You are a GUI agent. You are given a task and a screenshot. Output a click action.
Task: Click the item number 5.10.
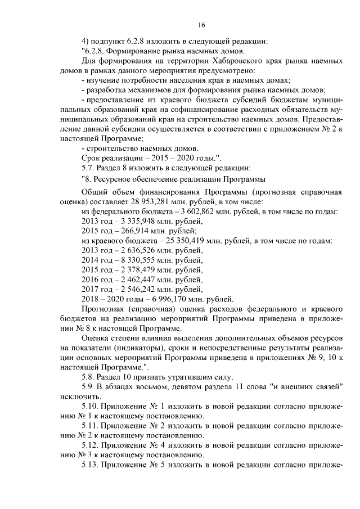[90, 407]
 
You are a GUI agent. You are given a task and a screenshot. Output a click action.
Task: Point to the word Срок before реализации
[92, 157]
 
